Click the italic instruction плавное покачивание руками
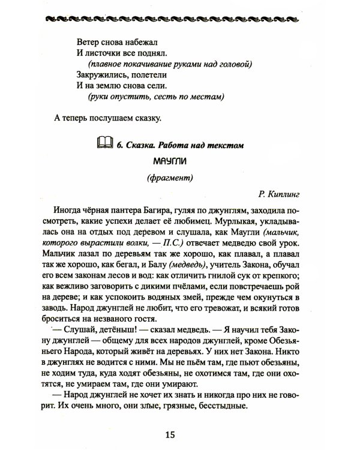click(x=168, y=64)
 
